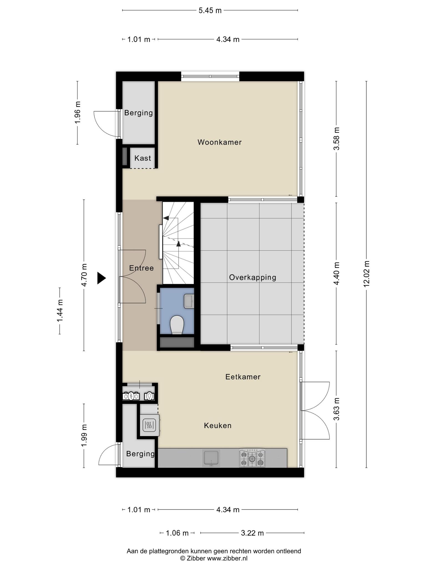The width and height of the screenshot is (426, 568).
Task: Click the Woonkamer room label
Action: pyautogui.click(x=219, y=142)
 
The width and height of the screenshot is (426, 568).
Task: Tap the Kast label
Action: pyautogui.click(x=143, y=158)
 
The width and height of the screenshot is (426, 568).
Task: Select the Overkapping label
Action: pyautogui.click(x=252, y=277)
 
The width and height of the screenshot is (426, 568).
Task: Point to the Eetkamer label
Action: pyautogui.click(x=243, y=377)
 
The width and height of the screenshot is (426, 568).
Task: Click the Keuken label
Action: pyautogui.click(x=218, y=425)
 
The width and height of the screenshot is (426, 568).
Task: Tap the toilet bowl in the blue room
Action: pyautogui.click(x=177, y=325)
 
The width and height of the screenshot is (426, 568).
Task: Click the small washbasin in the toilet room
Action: pyautogui.click(x=189, y=301)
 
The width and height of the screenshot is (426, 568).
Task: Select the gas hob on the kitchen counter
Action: pyautogui.click(x=252, y=458)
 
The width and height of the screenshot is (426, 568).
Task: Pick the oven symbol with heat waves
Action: pyautogui.click(x=150, y=425)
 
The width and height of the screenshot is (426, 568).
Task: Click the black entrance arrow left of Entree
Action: pyautogui.click(x=102, y=278)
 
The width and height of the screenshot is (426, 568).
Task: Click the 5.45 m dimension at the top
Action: pyautogui.click(x=210, y=11)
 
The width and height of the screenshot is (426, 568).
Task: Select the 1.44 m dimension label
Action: pyautogui.click(x=60, y=311)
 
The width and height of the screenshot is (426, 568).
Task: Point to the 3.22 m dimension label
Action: pyautogui.click(x=252, y=533)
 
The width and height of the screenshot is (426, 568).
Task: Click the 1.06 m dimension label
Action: pyautogui.click(x=177, y=533)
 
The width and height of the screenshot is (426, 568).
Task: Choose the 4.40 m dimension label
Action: pyautogui.click(x=337, y=273)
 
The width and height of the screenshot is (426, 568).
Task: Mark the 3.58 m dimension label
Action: pyautogui.click(x=337, y=139)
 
